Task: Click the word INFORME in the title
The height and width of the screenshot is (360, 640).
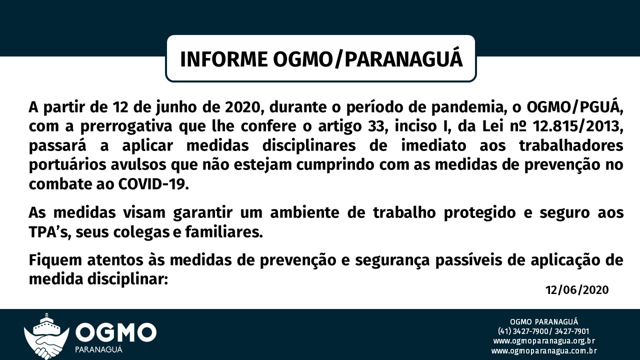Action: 223,59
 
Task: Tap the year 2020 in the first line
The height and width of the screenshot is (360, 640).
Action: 242,107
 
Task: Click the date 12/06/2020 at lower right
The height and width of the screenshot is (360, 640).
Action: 577,290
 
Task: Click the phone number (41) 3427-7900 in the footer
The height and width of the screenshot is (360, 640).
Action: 522,331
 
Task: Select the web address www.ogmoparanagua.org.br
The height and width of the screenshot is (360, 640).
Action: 544,341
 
